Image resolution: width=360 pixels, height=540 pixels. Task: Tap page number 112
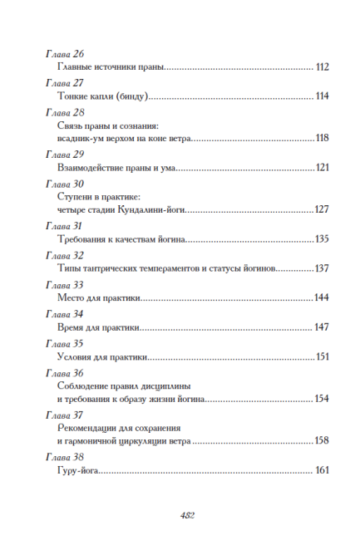pos(323,66)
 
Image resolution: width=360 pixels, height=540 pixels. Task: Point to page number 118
pos(323,138)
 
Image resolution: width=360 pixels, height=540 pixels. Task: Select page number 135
pos(323,239)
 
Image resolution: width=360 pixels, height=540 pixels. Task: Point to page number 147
pos(323,327)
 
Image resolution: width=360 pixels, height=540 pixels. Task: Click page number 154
pos(323,400)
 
